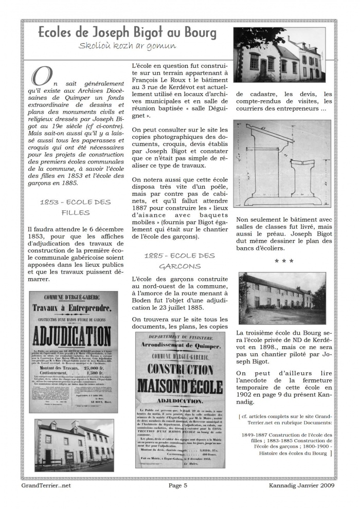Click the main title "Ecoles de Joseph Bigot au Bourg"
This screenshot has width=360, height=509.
(127, 33)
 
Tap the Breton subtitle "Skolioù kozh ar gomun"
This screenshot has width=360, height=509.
(127, 46)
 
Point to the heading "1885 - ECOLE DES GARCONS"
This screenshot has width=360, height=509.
(179, 261)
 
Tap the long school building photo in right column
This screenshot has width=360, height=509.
(282, 298)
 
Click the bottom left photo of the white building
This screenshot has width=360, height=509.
(75, 445)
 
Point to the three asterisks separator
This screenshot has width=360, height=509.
(284, 261)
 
